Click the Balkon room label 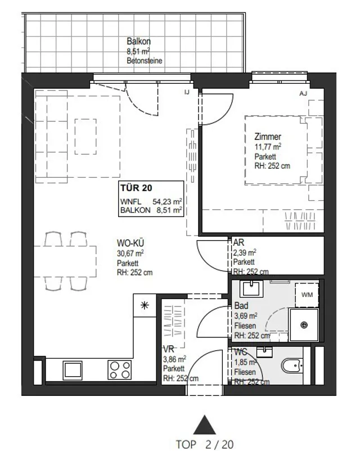[x=139, y=41]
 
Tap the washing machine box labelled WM [x=307, y=295]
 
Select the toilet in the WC [x=292, y=366]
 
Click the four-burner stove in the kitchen [x=120, y=370]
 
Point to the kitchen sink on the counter [x=73, y=370]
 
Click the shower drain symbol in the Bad [x=304, y=325]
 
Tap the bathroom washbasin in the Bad [x=251, y=289]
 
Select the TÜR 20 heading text [x=136, y=188]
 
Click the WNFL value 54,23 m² [x=167, y=201]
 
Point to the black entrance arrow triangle [x=205, y=425]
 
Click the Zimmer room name [x=268, y=136]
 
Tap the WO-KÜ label [x=130, y=243]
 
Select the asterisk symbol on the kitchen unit [x=145, y=305]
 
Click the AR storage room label [x=238, y=242]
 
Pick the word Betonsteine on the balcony [x=145, y=61]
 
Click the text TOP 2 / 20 [x=205, y=444]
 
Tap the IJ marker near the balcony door [x=187, y=93]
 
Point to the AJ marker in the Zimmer [x=303, y=93]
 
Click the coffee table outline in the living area [x=85, y=137]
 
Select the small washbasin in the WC [x=265, y=350]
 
